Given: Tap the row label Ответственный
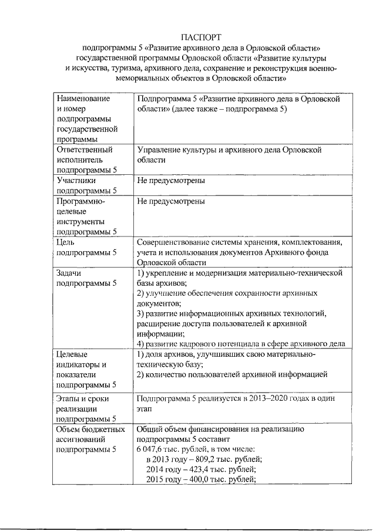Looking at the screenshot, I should pos(80,150).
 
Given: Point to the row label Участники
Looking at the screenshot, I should pos(75,181).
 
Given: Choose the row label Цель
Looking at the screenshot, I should pos(65,242).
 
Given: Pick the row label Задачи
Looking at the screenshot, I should pos(69,273).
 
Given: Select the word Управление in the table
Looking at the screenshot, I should pos(159,150).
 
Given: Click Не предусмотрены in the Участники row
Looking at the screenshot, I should pos(171,181).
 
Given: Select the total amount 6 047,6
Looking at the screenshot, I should pos(150,449).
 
